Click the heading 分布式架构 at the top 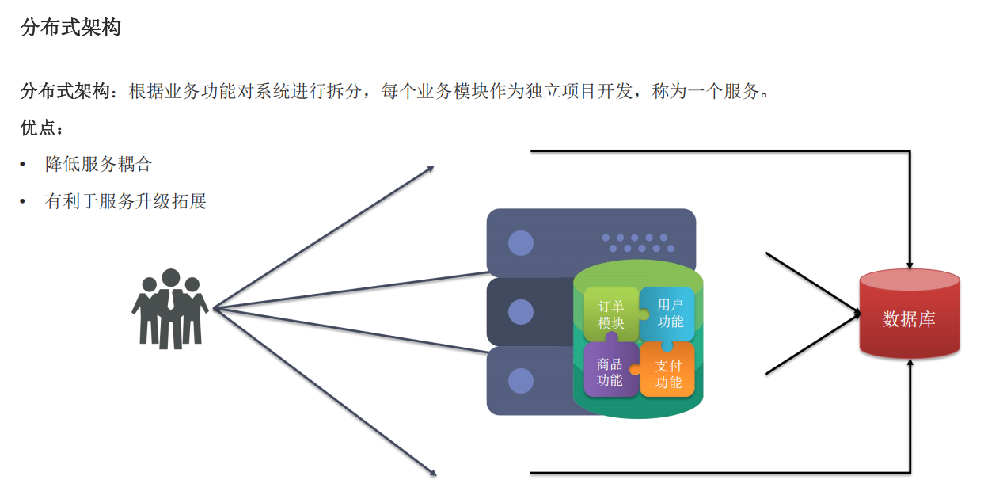pyautogui.click(x=70, y=29)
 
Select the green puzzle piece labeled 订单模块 pyautogui.click(x=611, y=314)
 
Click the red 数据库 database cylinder pyautogui.click(x=910, y=319)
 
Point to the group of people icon pyautogui.click(x=169, y=309)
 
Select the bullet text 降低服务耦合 pyautogui.click(x=98, y=165)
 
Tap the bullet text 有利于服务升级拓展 pyautogui.click(x=126, y=201)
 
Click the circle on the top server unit pyautogui.click(x=520, y=242)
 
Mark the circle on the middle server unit pyautogui.click(x=520, y=311)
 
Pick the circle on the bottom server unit pyautogui.click(x=520, y=381)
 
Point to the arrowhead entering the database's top pyautogui.click(x=911, y=265)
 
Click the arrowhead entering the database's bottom pyautogui.click(x=911, y=363)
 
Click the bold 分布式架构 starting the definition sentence pyautogui.click(x=64, y=91)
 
